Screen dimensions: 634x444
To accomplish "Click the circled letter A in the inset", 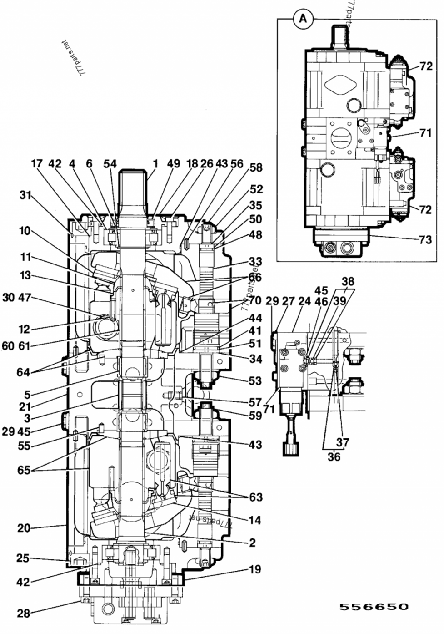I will coord(304,19).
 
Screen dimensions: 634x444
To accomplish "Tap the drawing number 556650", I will coord(374,607).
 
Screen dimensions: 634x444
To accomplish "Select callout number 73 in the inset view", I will coord(425,238).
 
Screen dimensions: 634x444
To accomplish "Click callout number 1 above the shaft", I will coord(155,164).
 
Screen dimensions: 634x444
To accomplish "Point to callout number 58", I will coord(256,167).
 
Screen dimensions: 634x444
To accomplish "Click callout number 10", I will coord(24,231).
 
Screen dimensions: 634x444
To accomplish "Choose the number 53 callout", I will coord(255,380).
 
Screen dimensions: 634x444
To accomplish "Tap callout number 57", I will coord(255,402).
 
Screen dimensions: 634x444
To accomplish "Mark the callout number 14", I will coord(255,520).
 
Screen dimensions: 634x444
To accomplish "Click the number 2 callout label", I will coord(252,543).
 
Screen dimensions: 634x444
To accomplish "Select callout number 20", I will coord(24,528).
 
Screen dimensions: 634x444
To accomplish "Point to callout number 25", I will coord(23,558).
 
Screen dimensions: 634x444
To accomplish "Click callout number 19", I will coord(255,569).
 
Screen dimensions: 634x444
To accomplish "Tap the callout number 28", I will coord(23,613).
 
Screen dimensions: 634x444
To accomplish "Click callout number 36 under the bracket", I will coord(334,456).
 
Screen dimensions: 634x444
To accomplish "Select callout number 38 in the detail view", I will coord(348,281).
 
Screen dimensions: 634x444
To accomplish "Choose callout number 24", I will coord(304,301).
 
